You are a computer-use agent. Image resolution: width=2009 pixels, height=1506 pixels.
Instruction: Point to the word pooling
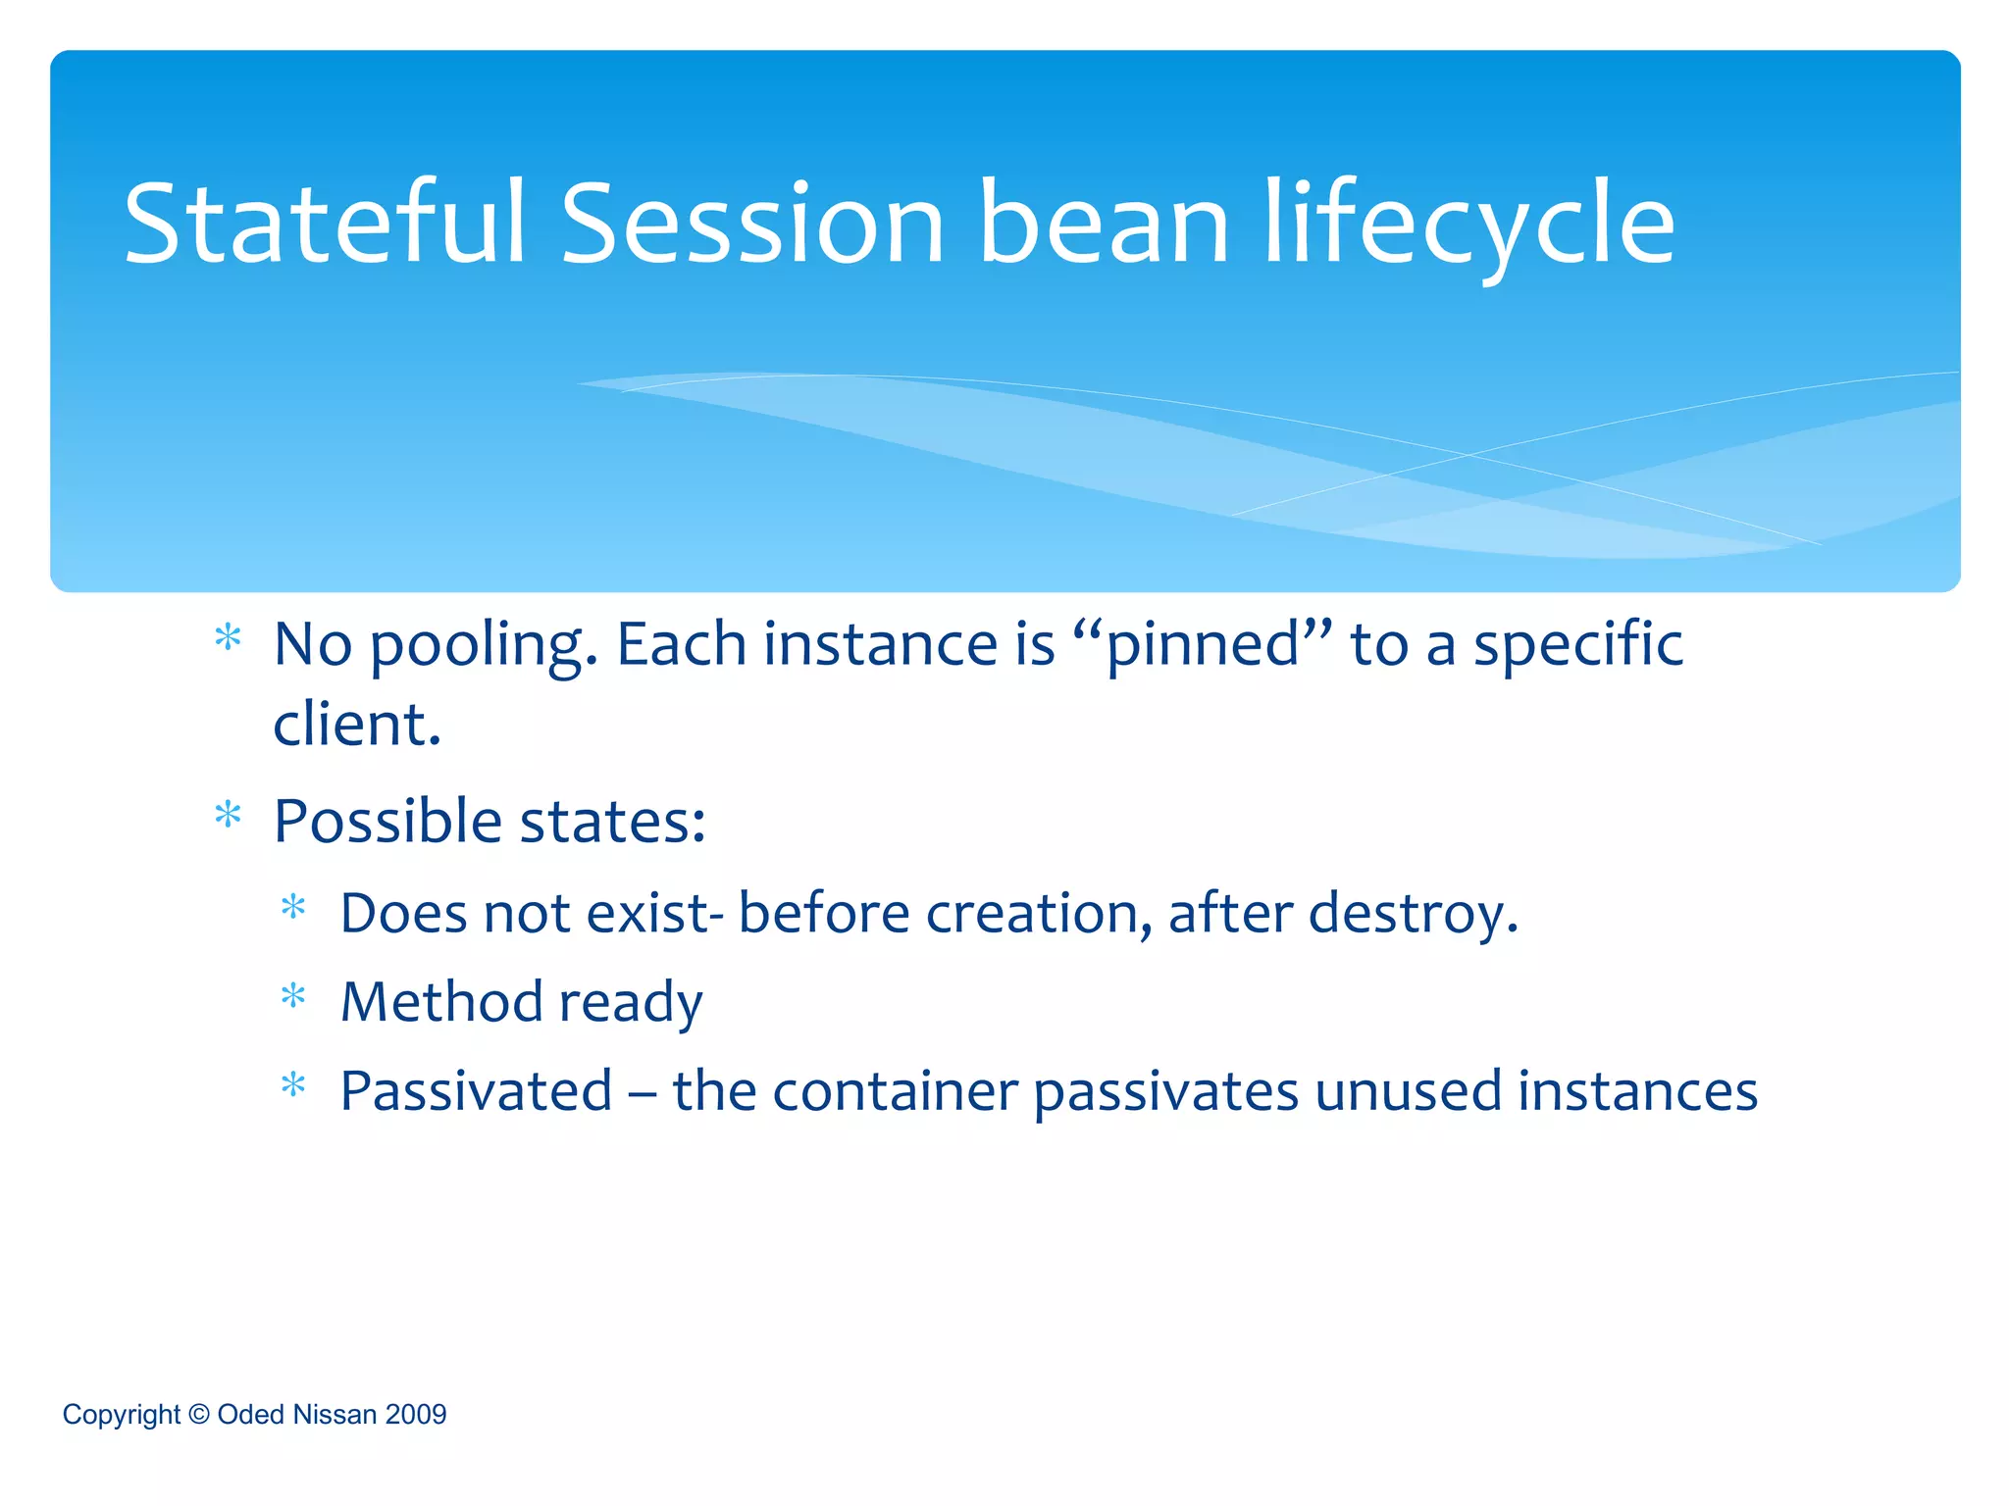(484, 647)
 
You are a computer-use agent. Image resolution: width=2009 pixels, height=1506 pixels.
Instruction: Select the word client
(357, 725)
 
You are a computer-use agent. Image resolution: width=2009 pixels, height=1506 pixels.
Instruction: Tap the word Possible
(386, 822)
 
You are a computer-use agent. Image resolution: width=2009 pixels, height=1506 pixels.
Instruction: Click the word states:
(613, 822)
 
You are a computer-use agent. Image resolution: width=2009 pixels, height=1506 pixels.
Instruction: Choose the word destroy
(1413, 914)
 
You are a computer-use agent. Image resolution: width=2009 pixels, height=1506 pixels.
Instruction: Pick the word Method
(441, 1002)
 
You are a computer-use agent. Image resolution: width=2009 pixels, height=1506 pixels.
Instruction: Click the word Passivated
(477, 1091)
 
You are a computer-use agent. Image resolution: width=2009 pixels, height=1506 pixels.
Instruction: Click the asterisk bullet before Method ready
(293, 998)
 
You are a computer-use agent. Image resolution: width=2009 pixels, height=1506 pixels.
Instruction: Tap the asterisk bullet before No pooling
(228, 638)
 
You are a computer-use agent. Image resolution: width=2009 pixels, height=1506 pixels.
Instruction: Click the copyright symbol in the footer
(199, 1414)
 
